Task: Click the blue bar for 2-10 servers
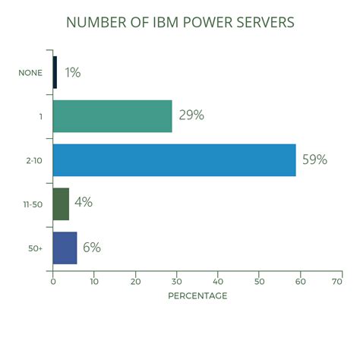174,159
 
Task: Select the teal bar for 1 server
112,116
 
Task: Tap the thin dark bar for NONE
55,73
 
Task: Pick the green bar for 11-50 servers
61,204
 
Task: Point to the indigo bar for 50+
65,248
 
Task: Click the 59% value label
314,159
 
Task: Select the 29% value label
191,116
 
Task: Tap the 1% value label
72,73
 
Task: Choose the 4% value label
84,203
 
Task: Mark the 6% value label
92,248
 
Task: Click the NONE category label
30,73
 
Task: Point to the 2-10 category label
34,160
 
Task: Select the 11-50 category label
33,204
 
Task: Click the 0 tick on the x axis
53,281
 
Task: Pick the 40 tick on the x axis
218,281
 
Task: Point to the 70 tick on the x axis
337,281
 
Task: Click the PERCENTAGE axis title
197,295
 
